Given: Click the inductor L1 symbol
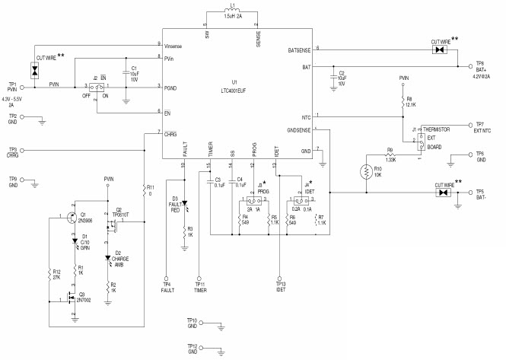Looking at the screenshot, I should [234, 13].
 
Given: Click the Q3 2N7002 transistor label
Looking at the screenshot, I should [85, 297].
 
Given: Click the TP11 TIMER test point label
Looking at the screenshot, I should [199, 288].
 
